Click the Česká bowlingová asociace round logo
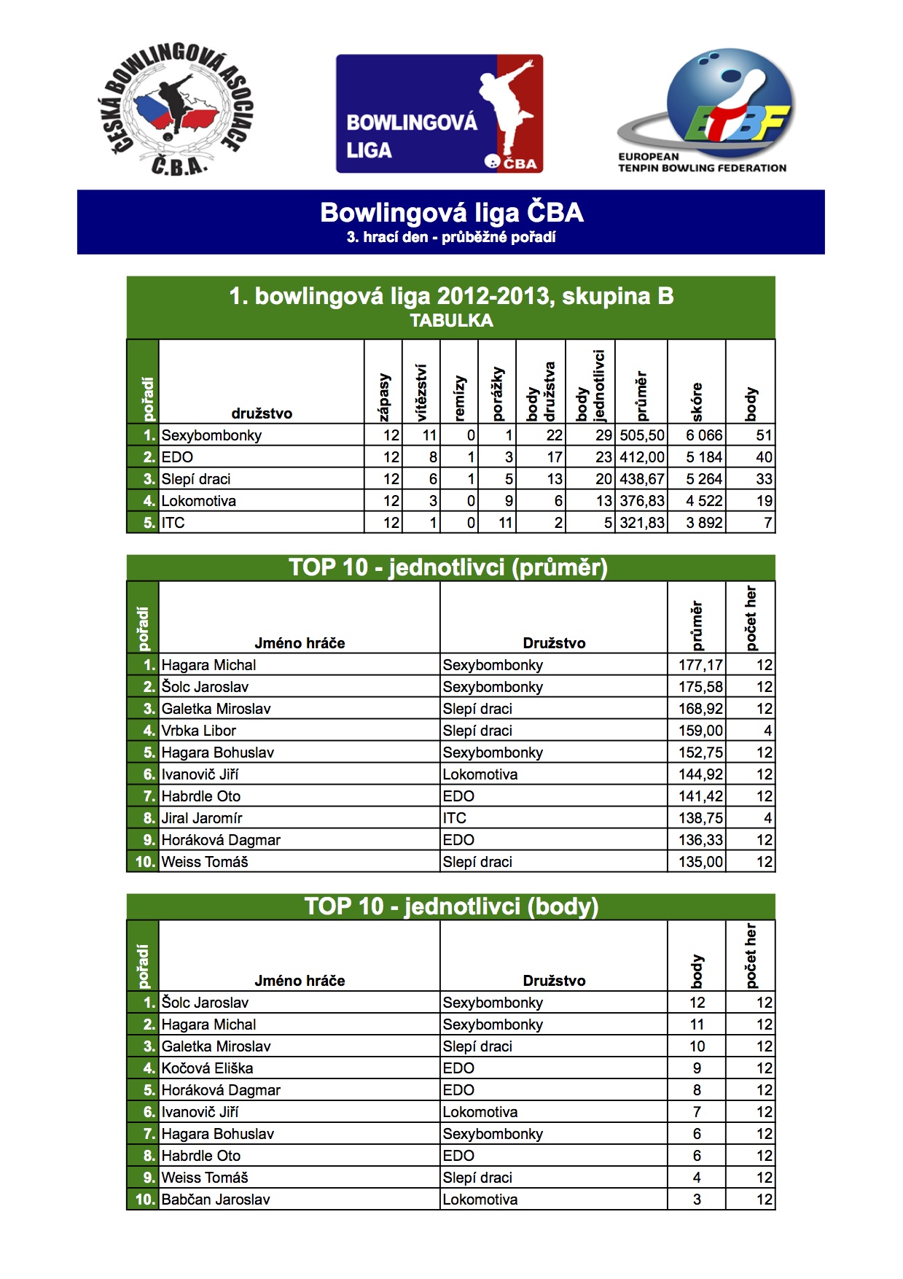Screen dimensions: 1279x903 [x=175, y=109]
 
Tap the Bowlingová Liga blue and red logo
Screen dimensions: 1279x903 [x=439, y=114]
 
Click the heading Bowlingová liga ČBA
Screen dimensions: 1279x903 [x=451, y=213]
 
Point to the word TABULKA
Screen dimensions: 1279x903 [x=451, y=321]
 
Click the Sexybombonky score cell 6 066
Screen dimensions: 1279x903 [x=703, y=435]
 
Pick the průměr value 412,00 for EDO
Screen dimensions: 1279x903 [x=641, y=457]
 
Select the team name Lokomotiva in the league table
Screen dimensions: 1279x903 [x=198, y=501]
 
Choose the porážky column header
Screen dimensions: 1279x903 [x=498, y=394]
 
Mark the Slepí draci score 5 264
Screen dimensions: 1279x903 [x=703, y=479]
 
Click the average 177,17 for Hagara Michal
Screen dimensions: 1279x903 [x=700, y=665]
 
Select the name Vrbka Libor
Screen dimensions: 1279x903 [x=198, y=731]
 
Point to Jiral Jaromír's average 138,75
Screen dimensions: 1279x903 [x=700, y=818]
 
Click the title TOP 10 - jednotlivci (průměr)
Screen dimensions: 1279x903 [x=448, y=567]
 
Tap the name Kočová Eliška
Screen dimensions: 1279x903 [x=207, y=1068]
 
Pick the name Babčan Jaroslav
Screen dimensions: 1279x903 [x=215, y=1200]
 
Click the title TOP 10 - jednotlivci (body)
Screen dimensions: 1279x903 [x=451, y=906]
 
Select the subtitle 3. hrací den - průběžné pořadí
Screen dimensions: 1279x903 [x=451, y=237]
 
